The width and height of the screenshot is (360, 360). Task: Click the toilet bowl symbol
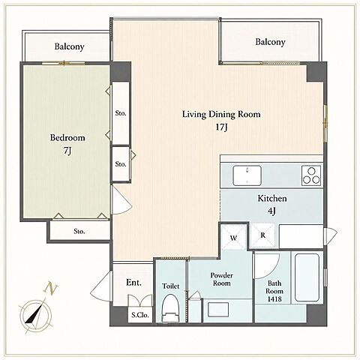click(171, 308)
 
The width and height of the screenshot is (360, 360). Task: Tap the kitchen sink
click(247, 175)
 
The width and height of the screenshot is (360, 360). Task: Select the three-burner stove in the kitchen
click(311, 175)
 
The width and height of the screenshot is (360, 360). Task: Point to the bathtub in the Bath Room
click(307, 277)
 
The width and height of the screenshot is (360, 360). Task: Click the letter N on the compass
click(51, 288)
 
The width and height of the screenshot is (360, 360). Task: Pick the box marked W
click(233, 237)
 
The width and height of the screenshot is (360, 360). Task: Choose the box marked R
click(262, 235)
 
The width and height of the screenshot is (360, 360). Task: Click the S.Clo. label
click(140, 315)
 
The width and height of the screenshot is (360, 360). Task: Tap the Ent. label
click(133, 283)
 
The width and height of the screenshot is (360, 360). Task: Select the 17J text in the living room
click(222, 127)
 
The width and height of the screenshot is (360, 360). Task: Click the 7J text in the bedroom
click(67, 151)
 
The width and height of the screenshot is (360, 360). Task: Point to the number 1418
click(274, 298)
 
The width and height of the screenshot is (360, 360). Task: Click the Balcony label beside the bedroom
click(69, 46)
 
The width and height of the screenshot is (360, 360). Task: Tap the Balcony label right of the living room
click(270, 42)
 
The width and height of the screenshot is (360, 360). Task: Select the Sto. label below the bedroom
click(79, 231)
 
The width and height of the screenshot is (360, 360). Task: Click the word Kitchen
click(272, 199)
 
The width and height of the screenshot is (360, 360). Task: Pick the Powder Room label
click(221, 279)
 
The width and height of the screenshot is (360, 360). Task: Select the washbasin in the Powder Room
click(218, 310)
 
